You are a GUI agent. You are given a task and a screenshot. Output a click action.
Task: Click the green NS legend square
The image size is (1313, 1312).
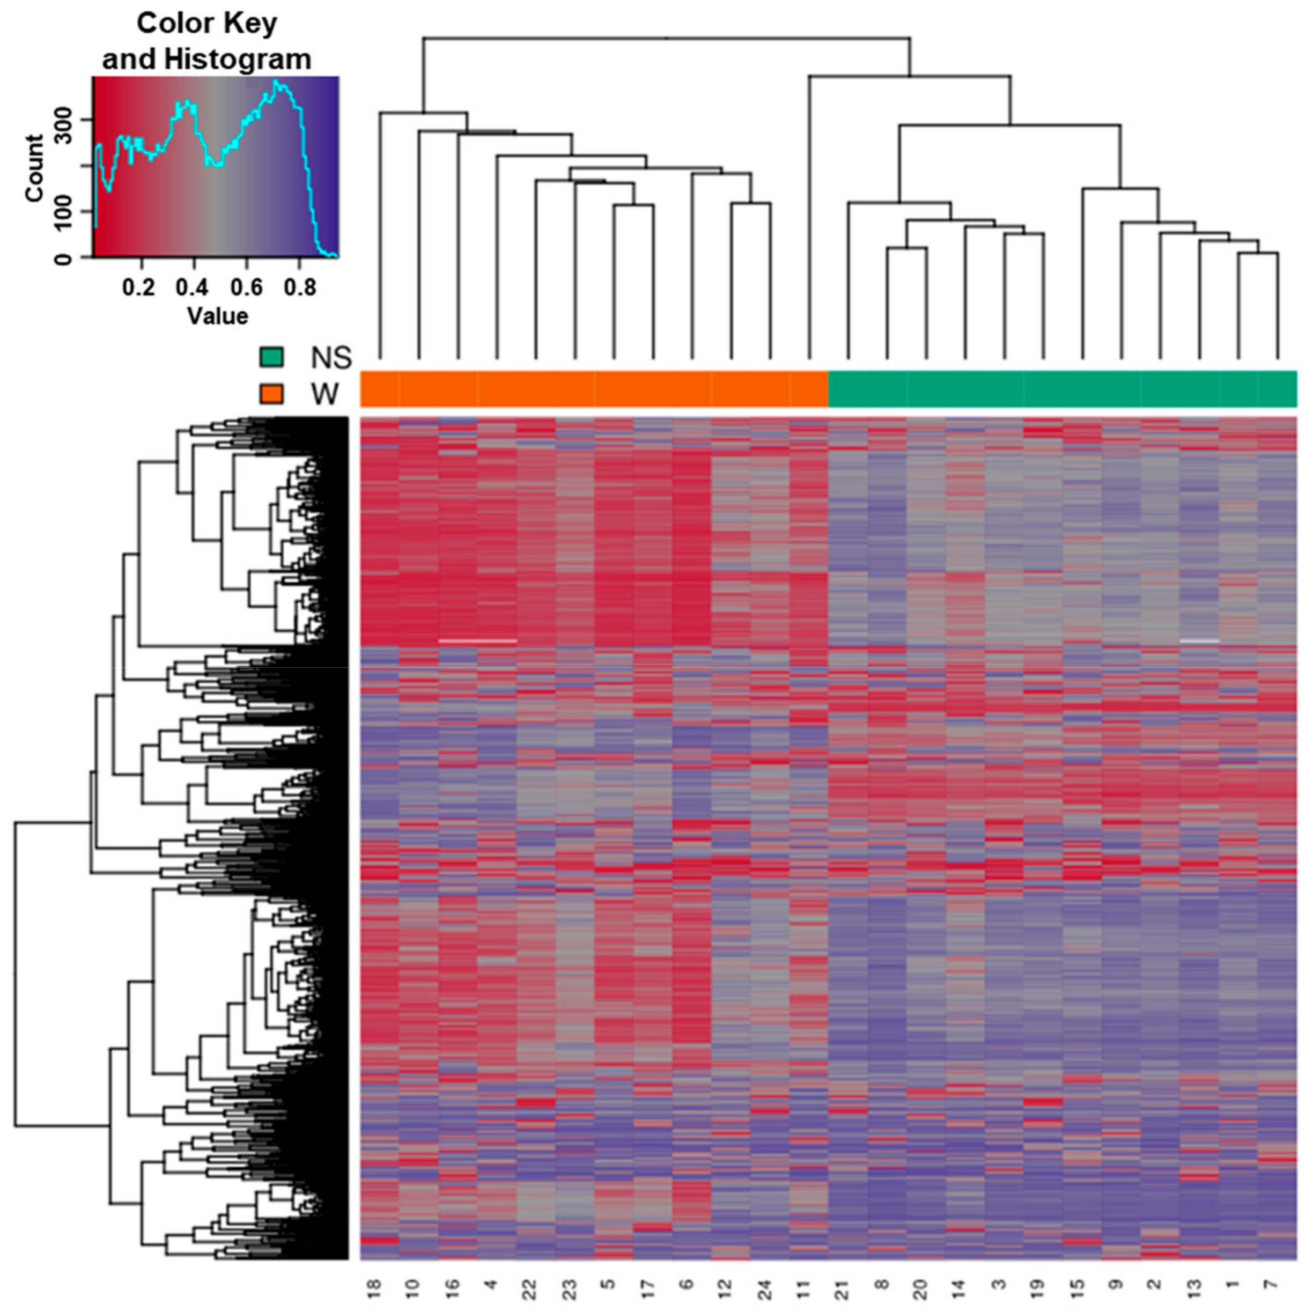(271, 357)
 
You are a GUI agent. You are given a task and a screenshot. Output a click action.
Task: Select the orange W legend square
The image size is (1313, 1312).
(271, 394)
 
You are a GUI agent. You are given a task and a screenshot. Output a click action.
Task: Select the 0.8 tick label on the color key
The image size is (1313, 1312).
(300, 288)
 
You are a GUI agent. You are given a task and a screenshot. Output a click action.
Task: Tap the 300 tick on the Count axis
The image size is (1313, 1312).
(63, 120)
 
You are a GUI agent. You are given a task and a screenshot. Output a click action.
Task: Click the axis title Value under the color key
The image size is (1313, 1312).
(217, 316)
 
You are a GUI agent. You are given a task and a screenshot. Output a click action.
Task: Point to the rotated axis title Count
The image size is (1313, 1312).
(34, 168)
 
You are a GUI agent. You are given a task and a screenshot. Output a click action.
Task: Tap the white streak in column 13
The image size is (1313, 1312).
(1199, 640)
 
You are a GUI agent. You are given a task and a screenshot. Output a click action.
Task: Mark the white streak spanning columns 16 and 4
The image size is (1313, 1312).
(478, 640)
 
